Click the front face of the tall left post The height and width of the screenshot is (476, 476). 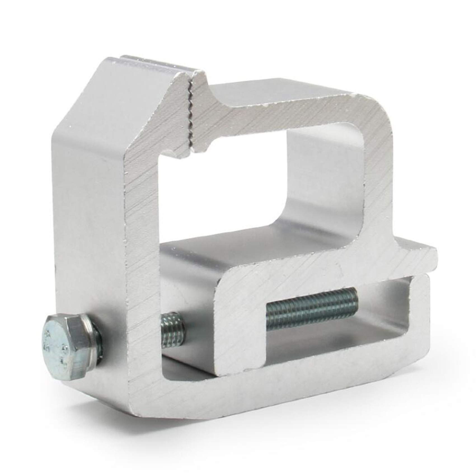point(143,252)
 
